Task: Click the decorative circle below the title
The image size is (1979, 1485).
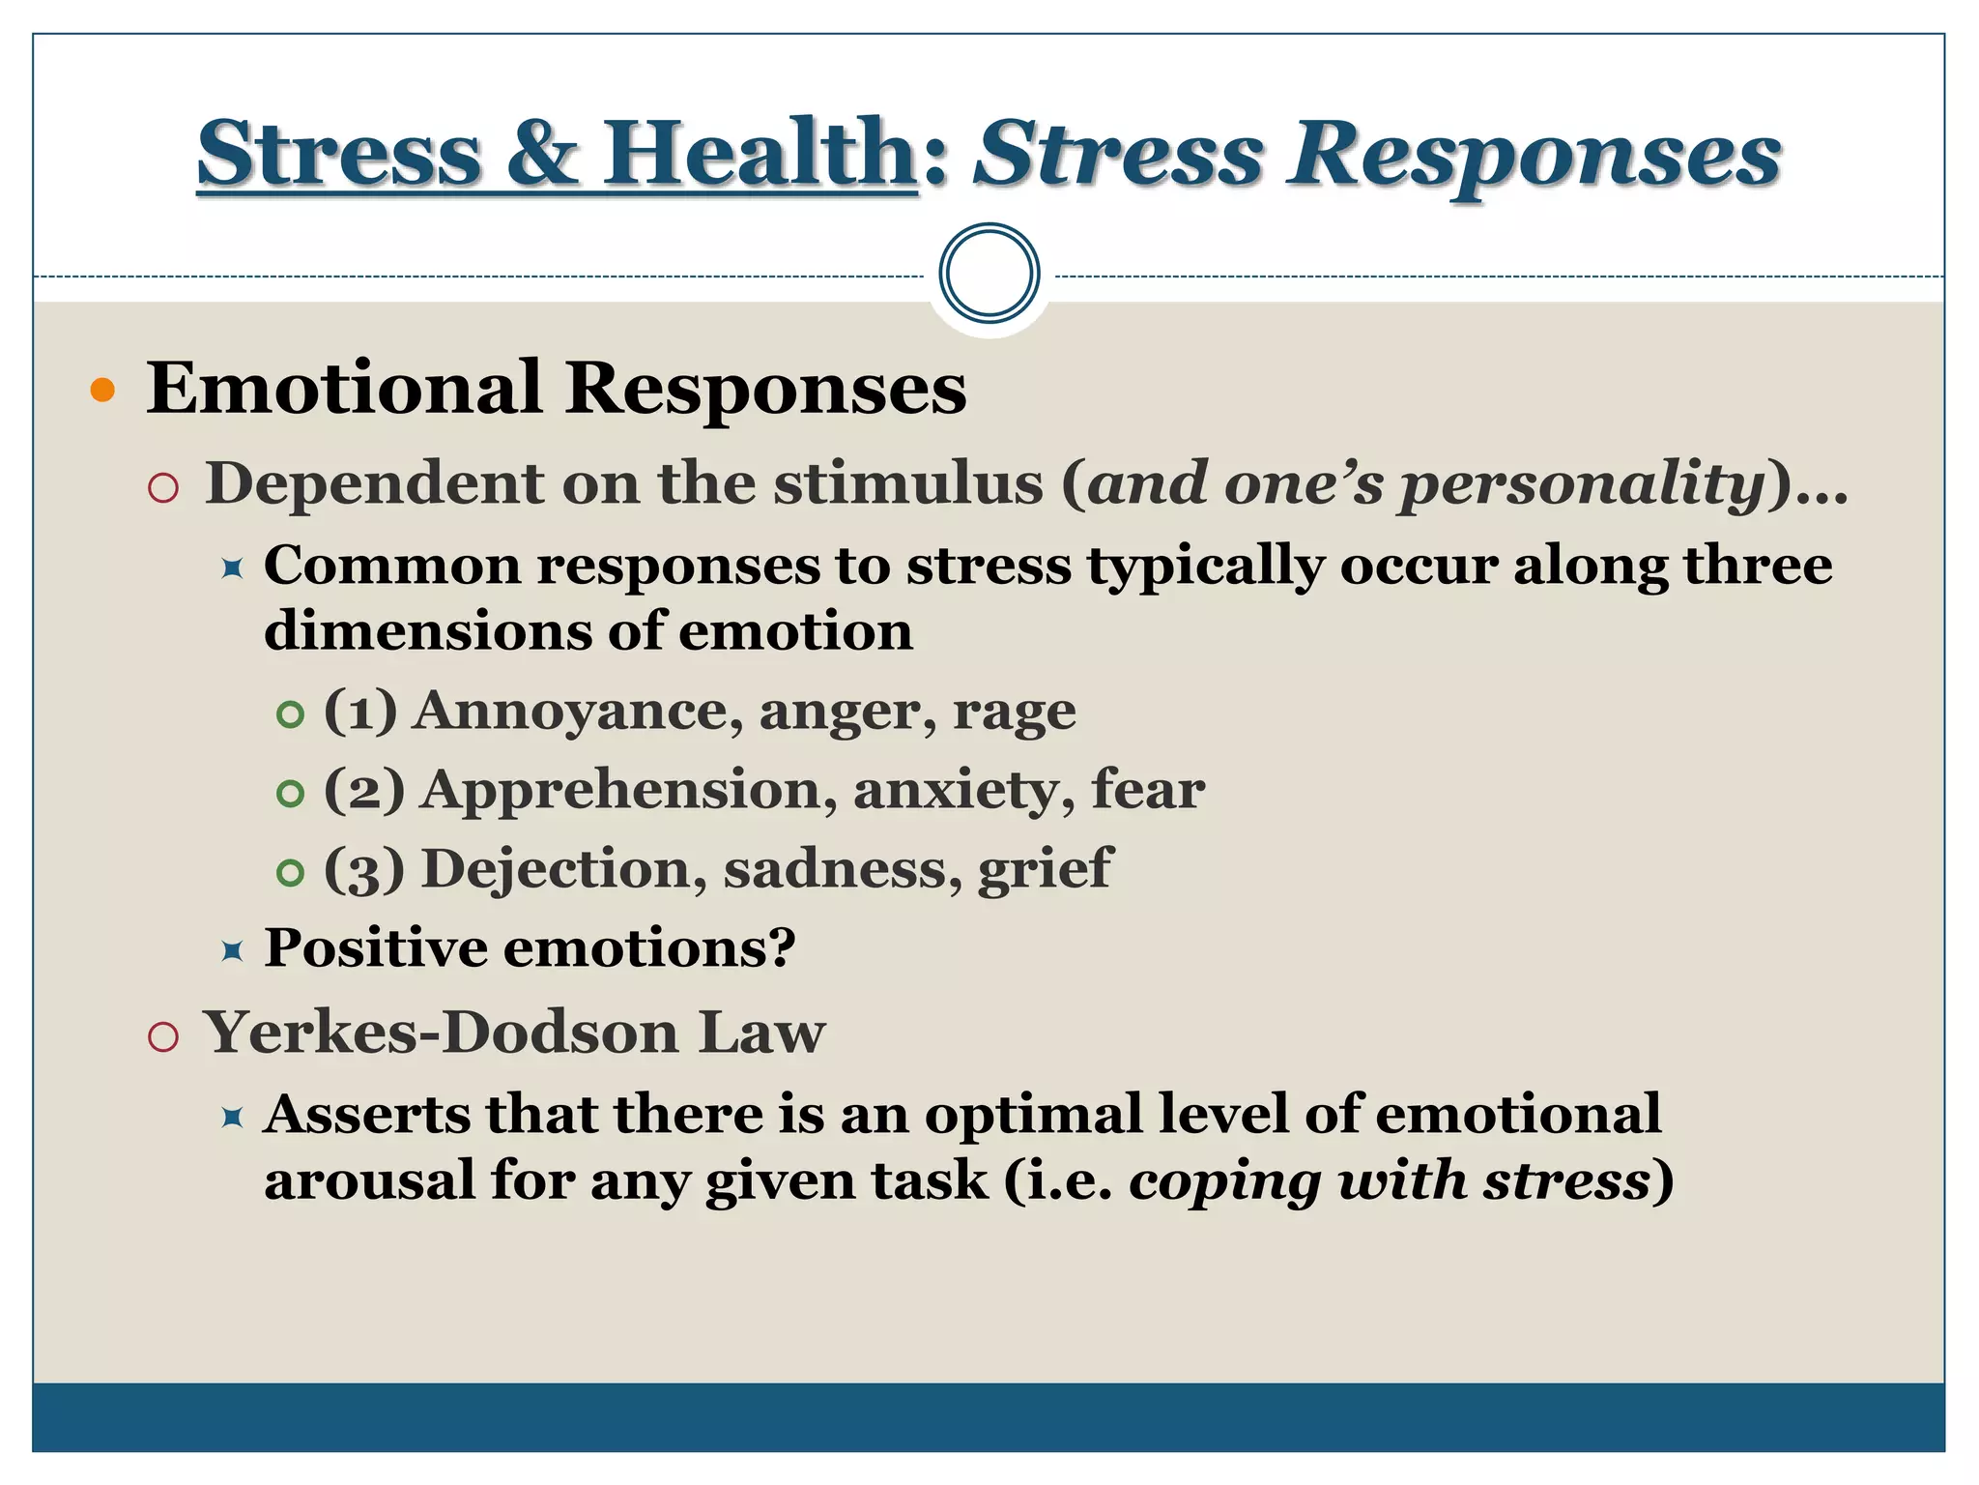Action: (989, 274)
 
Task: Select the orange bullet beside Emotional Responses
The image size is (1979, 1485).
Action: (102, 391)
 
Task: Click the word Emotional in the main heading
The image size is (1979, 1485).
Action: (343, 389)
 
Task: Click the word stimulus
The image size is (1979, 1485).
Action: (907, 483)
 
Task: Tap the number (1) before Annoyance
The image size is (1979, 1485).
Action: (360, 712)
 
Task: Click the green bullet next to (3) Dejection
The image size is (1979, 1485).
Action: (290, 873)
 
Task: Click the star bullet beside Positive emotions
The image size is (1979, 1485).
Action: (232, 951)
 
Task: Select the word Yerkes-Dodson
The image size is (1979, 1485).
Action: (441, 1033)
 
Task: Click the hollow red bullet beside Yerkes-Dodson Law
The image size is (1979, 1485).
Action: (163, 1037)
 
